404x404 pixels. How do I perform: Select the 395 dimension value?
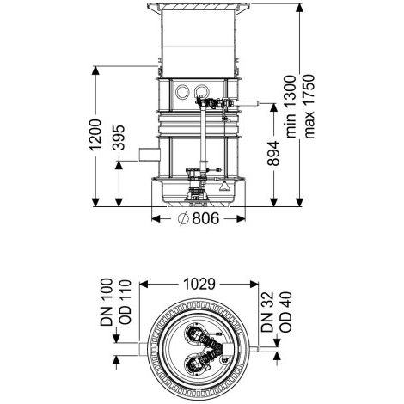click(x=119, y=138)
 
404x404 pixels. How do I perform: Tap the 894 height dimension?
click(x=273, y=153)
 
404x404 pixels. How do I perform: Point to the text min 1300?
click(x=291, y=107)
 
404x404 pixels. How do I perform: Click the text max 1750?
click(x=309, y=107)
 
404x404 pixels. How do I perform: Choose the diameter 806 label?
click(x=199, y=218)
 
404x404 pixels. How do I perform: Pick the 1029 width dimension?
click(x=199, y=284)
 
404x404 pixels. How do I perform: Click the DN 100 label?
click(x=107, y=302)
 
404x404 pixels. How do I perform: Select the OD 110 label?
click(x=125, y=302)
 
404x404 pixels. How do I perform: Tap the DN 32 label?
click(x=267, y=312)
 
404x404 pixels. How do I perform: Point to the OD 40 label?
click(x=285, y=312)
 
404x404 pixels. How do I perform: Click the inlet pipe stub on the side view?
click(x=150, y=155)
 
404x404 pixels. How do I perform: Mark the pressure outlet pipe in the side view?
click(x=247, y=104)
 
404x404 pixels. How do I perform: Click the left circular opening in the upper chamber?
click(x=182, y=92)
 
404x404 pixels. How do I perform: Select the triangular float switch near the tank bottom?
click(x=224, y=187)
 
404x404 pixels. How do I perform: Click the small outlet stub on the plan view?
click(x=254, y=349)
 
